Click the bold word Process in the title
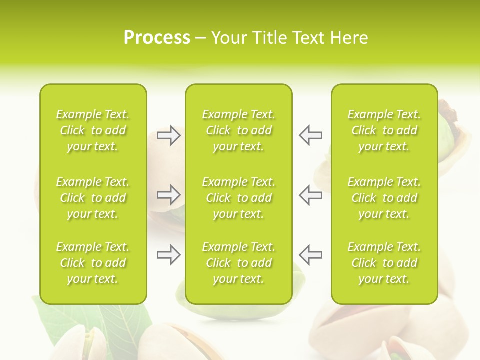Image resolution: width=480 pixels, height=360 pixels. coord(157,38)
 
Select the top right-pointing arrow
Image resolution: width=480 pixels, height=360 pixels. coord(168,135)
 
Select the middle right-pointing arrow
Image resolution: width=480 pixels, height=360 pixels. coord(168,195)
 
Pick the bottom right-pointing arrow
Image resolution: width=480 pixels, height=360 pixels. coord(168,255)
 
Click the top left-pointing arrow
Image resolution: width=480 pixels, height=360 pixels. coord(310,135)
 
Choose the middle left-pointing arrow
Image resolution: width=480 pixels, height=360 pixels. coord(310,195)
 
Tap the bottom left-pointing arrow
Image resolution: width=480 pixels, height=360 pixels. coord(310,255)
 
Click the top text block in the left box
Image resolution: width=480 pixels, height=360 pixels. coord(93,130)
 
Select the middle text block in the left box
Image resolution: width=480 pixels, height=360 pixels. coord(93,198)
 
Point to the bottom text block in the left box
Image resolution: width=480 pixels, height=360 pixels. coord(93,263)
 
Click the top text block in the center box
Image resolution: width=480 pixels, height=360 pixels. coord(238,130)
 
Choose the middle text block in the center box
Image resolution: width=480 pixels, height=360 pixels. coord(238,198)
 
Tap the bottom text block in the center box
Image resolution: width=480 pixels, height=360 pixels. coord(238,263)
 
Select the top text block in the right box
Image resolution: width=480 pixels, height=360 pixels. coord(384,130)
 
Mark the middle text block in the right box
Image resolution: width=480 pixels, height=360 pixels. coord(384,198)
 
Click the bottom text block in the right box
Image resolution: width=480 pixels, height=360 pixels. coord(384,263)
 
